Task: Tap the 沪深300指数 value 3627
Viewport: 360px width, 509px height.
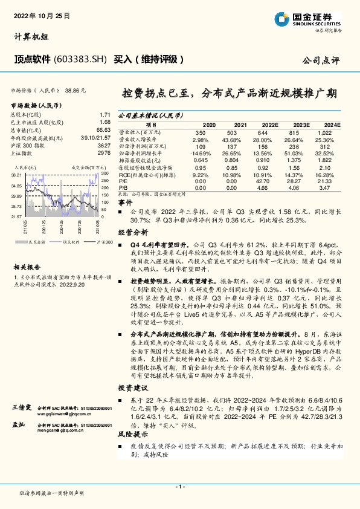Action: coord(103,146)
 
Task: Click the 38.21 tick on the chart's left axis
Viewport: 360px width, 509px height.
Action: coord(17,173)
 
